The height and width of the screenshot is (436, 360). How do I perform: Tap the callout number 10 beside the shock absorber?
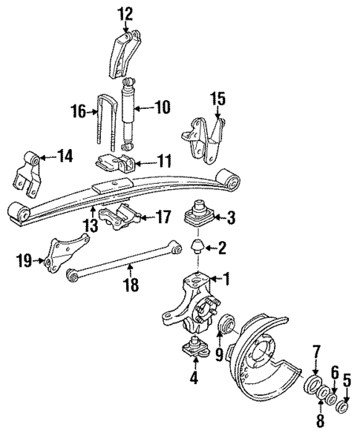click(162, 108)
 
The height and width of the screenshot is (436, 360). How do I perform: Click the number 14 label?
click(65, 156)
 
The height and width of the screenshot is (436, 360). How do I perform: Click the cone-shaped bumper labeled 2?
click(199, 248)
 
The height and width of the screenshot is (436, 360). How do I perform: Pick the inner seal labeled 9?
click(226, 325)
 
